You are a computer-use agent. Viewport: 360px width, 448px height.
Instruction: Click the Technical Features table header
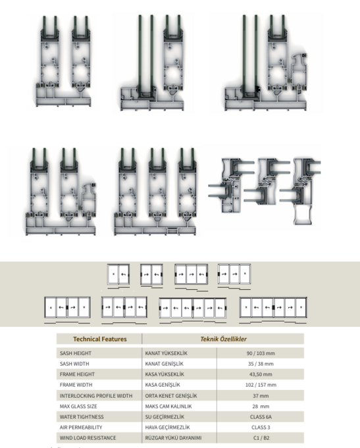point(99,339)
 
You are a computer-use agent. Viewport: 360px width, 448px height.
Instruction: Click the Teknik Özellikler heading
point(223,339)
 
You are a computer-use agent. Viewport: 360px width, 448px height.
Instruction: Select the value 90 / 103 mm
point(261,353)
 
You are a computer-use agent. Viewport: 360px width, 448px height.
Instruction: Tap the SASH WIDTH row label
point(74,364)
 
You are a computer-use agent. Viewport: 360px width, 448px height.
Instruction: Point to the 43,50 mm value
point(261,374)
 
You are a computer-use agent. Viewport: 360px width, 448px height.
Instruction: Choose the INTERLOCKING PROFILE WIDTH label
point(96,396)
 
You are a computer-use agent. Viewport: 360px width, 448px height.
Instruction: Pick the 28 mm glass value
point(261,406)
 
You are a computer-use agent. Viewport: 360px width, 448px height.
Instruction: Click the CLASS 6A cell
point(261,417)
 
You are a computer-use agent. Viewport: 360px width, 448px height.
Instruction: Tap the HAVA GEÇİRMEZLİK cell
point(167,428)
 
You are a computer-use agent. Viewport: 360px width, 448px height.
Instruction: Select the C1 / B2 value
point(261,437)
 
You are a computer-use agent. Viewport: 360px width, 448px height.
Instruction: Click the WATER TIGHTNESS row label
point(82,417)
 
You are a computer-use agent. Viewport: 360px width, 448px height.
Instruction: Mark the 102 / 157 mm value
point(261,385)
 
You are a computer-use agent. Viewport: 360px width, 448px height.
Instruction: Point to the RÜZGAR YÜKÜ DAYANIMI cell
point(173,437)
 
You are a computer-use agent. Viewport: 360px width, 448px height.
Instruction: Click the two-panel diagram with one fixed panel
point(118,274)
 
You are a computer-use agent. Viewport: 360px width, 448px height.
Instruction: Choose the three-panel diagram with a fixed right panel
point(234,274)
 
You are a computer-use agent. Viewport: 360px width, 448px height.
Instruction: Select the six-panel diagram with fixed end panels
point(273,308)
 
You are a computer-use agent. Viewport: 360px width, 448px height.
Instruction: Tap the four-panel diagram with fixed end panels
point(67,308)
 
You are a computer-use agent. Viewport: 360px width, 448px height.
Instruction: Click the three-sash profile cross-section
point(155,192)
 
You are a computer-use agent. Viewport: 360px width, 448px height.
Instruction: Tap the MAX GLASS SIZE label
point(78,406)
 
